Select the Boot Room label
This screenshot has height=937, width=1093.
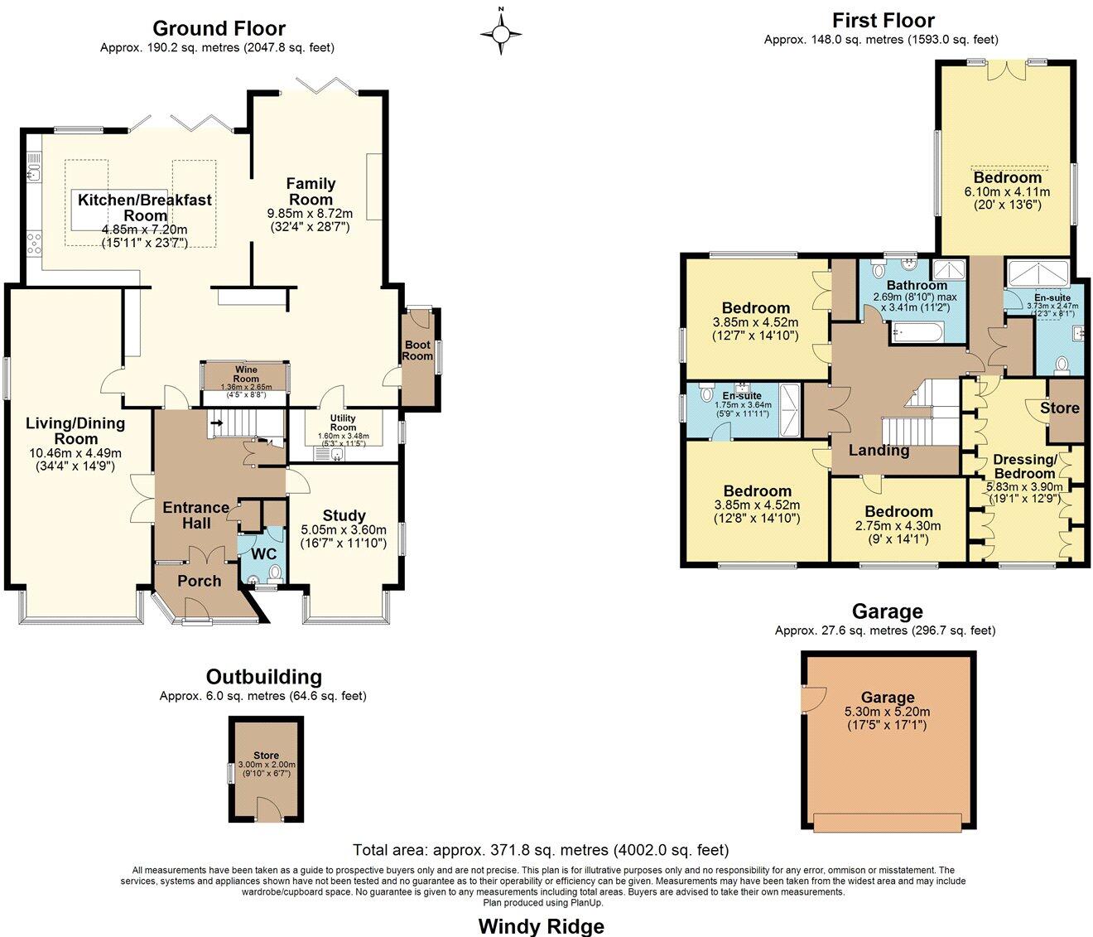pyautogui.click(x=417, y=350)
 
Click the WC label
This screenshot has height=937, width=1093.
pyautogui.click(x=263, y=553)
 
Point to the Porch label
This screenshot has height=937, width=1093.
pyautogui.click(x=199, y=581)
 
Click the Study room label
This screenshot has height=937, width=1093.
pyautogui.click(x=344, y=515)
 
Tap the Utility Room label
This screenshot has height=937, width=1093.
pyautogui.click(x=343, y=423)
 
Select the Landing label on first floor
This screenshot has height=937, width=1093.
pyautogui.click(x=879, y=451)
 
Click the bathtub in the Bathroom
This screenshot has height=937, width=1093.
pyautogui.click(x=916, y=334)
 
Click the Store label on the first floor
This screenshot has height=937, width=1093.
pyautogui.click(x=1060, y=408)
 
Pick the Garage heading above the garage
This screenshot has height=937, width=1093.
pyautogui.click(x=887, y=611)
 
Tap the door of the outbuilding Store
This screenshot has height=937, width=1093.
pyautogui.click(x=267, y=808)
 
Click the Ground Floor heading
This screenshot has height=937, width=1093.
pyautogui.click(x=219, y=29)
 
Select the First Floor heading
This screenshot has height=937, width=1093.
pyautogui.click(x=883, y=20)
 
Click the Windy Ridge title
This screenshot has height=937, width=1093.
pyautogui.click(x=542, y=925)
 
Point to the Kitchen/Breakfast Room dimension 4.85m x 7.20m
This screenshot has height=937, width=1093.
pyautogui.click(x=145, y=229)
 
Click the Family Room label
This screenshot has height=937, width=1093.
pyautogui.click(x=311, y=191)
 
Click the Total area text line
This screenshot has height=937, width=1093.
pyautogui.click(x=541, y=850)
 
